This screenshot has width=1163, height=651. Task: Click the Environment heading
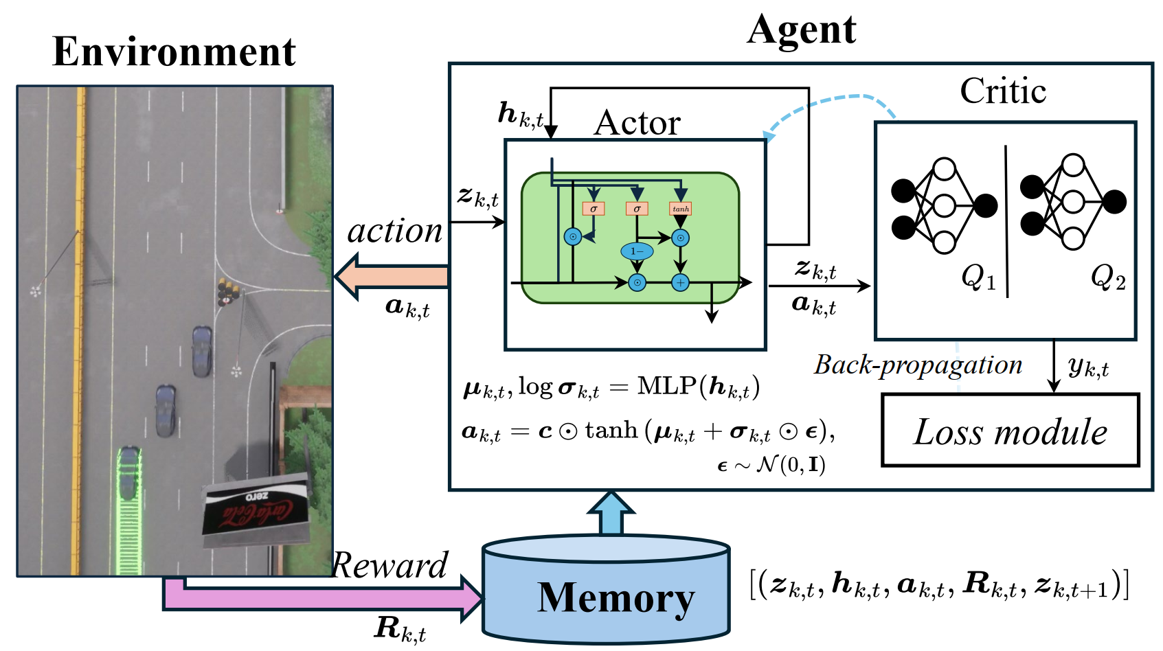click(174, 52)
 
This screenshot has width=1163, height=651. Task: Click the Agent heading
click(801, 30)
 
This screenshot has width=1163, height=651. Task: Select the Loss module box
click(1010, 431)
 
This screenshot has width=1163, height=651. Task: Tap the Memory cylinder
click(606, 591)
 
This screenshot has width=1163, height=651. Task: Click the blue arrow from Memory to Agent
click(610, 514)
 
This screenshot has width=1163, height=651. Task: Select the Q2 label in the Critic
click(1107, 278)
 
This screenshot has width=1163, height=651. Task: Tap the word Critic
click(1002, 91)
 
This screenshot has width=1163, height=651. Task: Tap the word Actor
click(637, 124)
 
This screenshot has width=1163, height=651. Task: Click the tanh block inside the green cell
click(680, 208)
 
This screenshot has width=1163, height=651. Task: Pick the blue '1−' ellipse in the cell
click(637, 251)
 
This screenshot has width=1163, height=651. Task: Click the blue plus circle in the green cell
click(680, 282)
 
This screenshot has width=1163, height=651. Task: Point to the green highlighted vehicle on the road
click(128, 474)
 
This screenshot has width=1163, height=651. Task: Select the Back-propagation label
click(918, 365)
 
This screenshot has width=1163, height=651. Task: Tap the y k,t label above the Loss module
click(1088, 367)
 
